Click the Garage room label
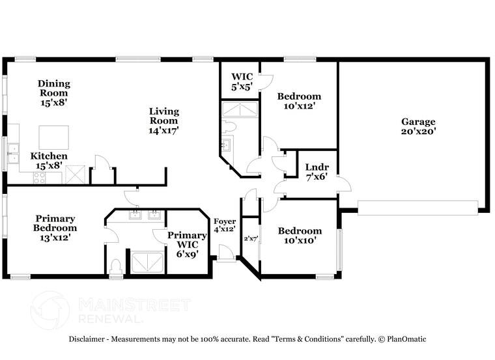(x=418, y=126)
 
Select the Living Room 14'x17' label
(x=163, y=120)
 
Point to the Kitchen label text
(x=49, y=156)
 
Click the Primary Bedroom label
(x=56, y=228)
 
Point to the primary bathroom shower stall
(x=147, y=262)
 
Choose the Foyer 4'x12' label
(x=225, y=225)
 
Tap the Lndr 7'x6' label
(x=317, y=171)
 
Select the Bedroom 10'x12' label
(x=299, y=101)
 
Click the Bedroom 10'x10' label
(x=300, y=236)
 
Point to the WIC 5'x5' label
(x=240, y=81)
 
